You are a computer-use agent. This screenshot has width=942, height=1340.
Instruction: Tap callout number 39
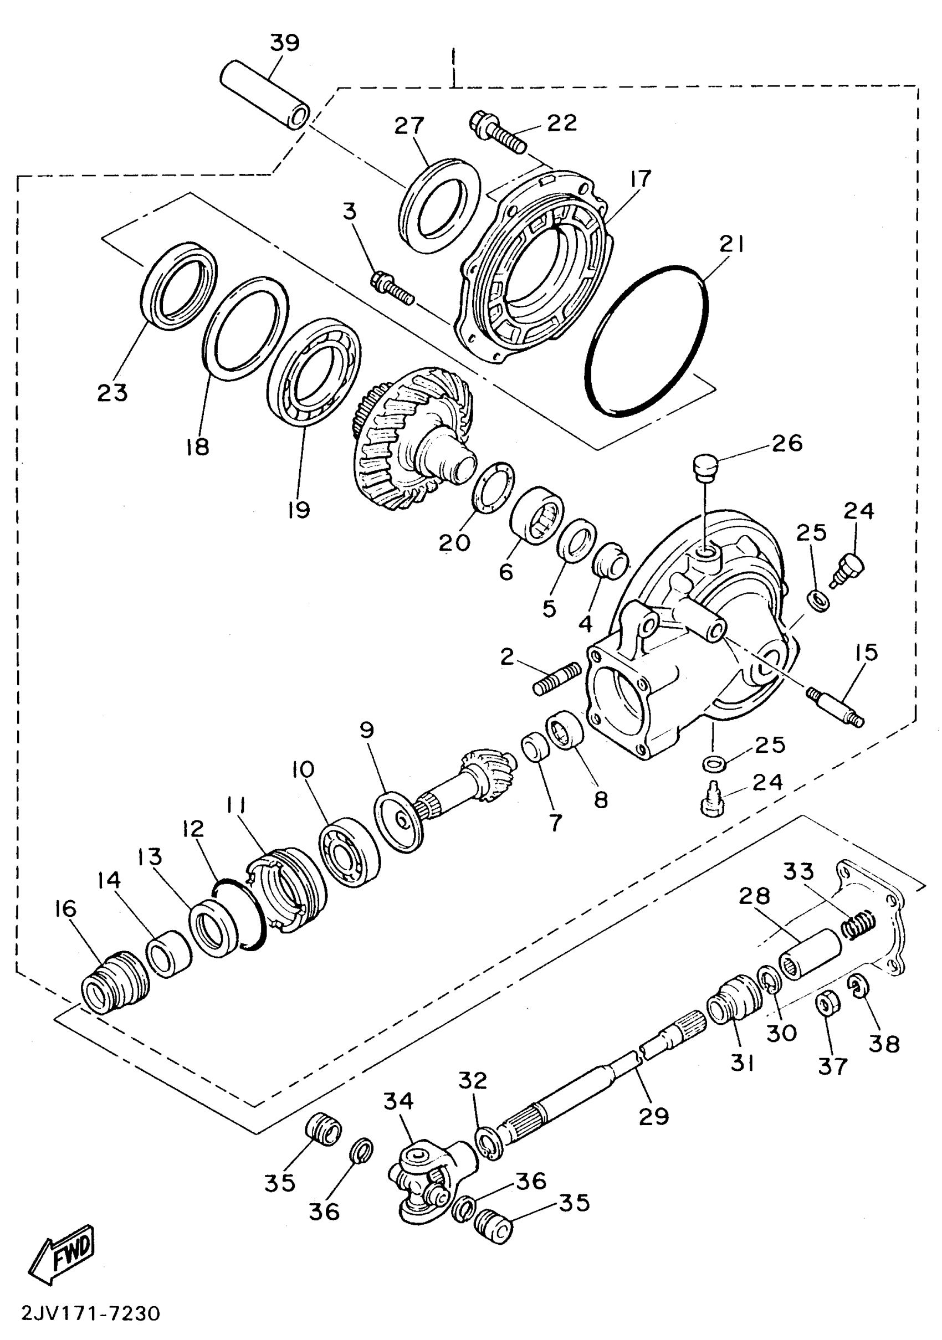285,43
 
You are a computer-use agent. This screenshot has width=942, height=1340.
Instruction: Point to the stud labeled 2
557,679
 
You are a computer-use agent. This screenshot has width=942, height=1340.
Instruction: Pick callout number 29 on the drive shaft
653,1116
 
